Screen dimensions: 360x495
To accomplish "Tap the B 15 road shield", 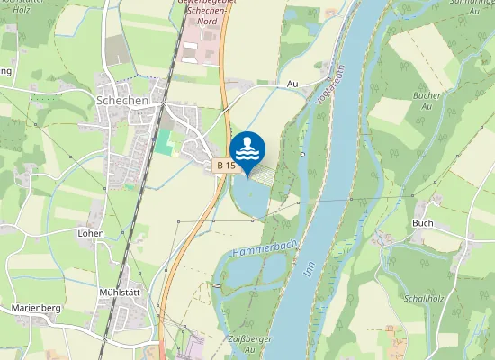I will point(226,166).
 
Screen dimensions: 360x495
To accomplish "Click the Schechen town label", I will point(121,101).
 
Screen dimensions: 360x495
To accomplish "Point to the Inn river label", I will point(310,271).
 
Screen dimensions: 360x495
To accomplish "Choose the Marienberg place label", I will point(36,308).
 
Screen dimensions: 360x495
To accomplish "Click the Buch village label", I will point(422,223).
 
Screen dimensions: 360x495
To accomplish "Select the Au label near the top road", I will point(292,83).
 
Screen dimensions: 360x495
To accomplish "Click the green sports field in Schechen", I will point(164,141).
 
